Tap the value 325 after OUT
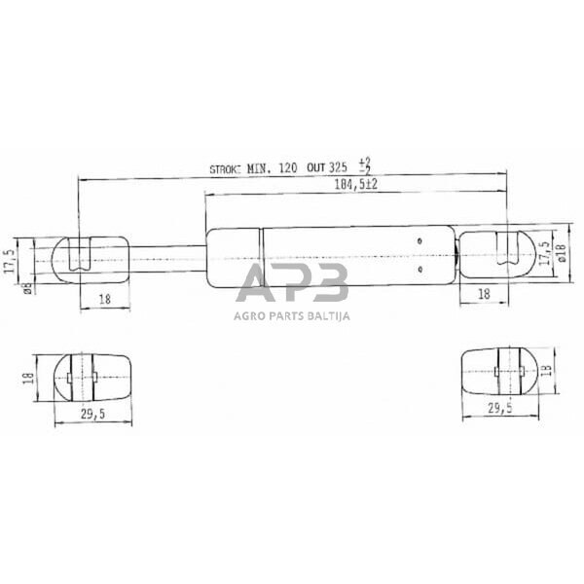click(341, 168)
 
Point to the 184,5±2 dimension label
click(355, 184)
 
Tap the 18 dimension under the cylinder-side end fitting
click(482, 293)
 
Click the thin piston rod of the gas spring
click(165, 257)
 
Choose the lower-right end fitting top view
click(496, 370)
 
